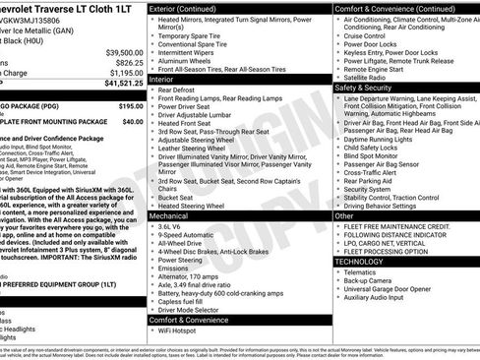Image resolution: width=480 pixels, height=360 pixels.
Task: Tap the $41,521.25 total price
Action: [123, 83]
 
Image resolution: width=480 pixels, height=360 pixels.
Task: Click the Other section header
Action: [345, 215]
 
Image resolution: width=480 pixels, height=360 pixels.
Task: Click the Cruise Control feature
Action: [370, 34]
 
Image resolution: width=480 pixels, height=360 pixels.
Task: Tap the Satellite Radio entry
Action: [370, 79]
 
